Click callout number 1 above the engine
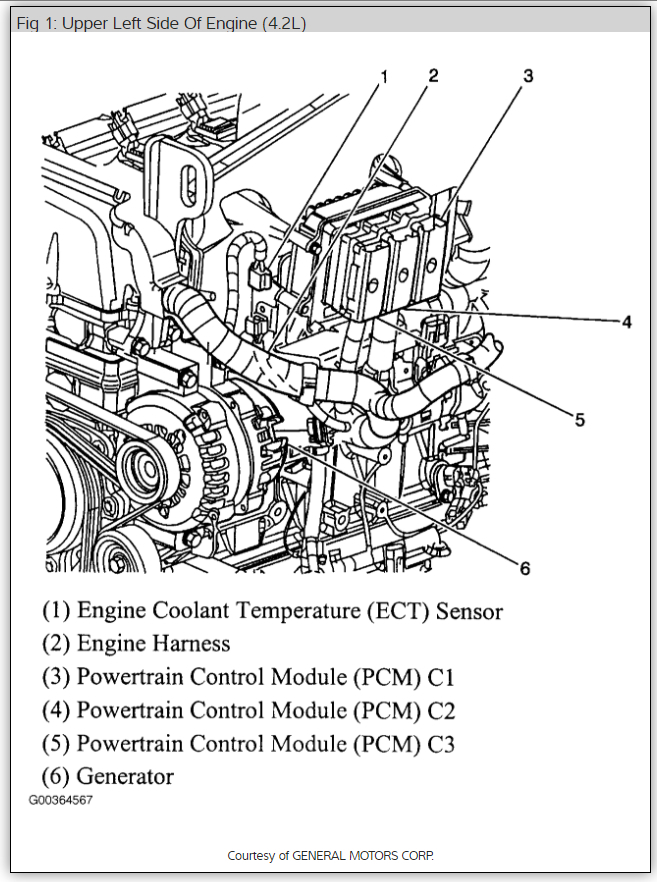(384, 76)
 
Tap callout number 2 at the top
(433, 75)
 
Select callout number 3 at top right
(528, 75)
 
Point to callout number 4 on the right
(626, 322)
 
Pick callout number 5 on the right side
(579, 420)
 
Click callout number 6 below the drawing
(524, 569)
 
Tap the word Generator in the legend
(125, 776)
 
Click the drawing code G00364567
(60, 800)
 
